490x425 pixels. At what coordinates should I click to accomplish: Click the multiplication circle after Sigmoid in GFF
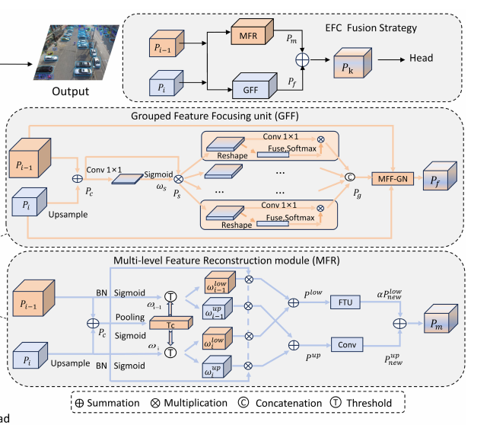[180, 177]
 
